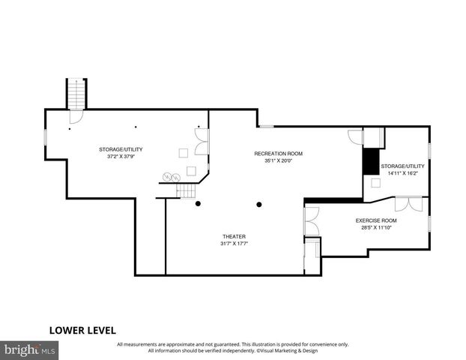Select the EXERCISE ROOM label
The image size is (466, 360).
[x=376, y=220]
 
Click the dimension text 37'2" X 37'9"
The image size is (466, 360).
[x=121, y=157]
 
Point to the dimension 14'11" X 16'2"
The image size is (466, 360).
[x=402, y=173]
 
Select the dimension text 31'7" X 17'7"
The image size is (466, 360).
[x=234, y=243]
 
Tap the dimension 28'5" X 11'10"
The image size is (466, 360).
[x=376, y=228]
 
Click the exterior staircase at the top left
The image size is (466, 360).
[x=76, y=94]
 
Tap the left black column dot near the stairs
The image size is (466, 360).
[x=198, y=204]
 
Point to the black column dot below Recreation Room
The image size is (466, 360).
[x=259, y=204]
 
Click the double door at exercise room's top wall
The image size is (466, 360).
[x=409, y=203]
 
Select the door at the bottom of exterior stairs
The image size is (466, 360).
[x=76, y=117]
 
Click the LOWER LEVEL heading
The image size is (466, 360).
[x=82, y=329]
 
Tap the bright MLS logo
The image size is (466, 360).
[x=31, y=349]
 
